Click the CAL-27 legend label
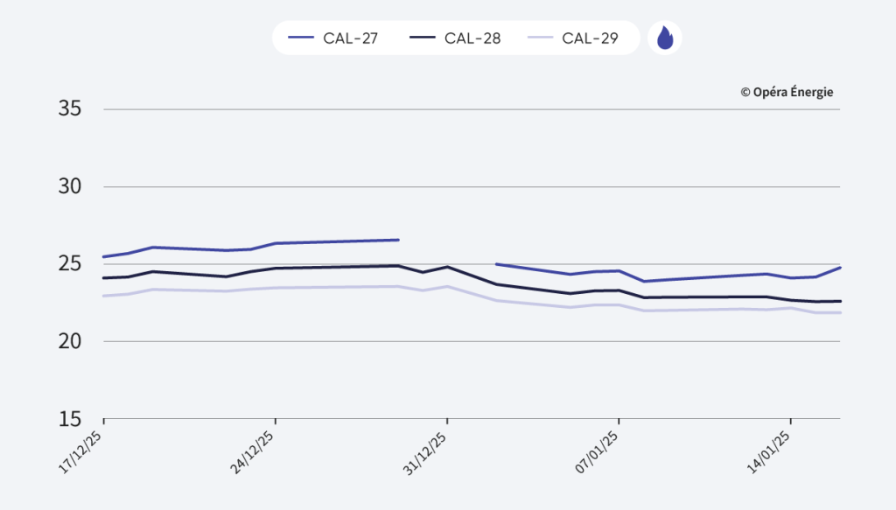coord(350,38)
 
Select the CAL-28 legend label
coord(472,38)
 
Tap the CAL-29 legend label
coord(591,38)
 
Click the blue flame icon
coord(665,38)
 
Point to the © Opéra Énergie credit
coord(787,92)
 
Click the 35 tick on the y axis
coord(70,109)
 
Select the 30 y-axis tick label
coord(70,186)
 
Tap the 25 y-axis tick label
coord(70,264)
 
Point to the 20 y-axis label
coord(70,341)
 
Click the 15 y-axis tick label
coord(70,418)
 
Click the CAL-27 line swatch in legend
coord(300,38)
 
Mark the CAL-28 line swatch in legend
coord(423,38)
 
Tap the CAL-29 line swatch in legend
coord(541,38)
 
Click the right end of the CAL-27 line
coord(840,268)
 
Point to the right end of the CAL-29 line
coord(840,312)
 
